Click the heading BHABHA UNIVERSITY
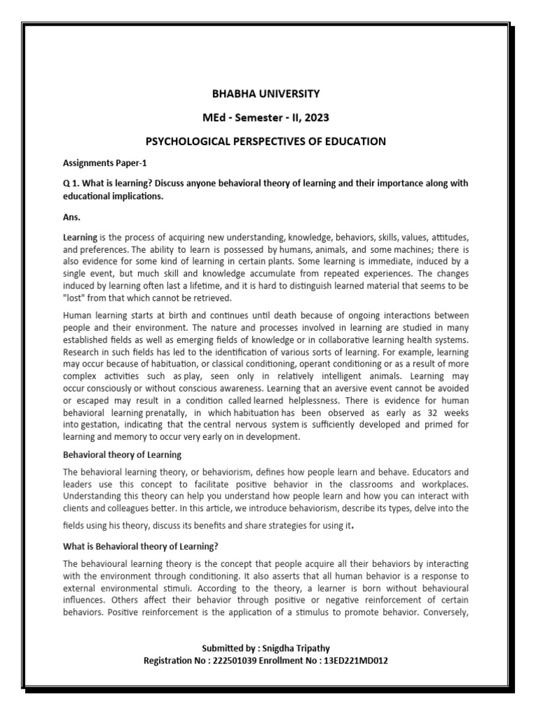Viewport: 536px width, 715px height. click(x=265, y=93)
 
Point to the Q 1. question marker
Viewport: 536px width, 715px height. click(x=72, y=183)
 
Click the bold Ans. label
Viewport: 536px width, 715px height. click(x=73, y=216)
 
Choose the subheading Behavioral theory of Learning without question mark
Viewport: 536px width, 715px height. click(x=122, y=455)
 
